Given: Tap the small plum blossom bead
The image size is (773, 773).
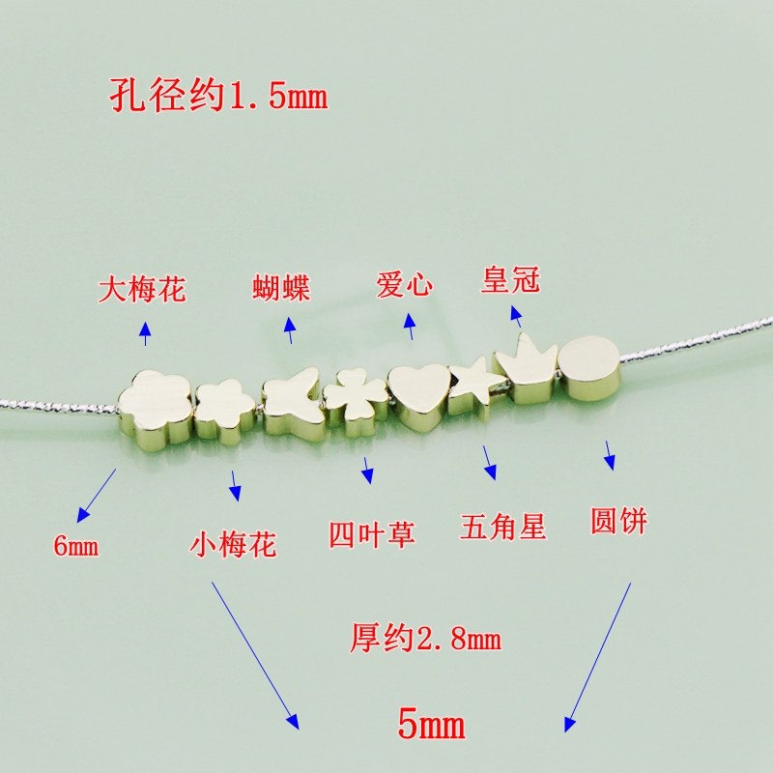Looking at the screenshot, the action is coord(224,412).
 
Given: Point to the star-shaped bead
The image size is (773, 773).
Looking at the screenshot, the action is coord(473,387).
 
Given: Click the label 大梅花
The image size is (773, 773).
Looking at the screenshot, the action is coord(142,290).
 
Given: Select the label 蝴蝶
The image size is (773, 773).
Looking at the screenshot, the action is coord(281,288).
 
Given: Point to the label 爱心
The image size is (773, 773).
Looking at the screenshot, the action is coord(405,286).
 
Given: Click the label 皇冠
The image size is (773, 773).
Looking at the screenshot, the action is coord(510,281).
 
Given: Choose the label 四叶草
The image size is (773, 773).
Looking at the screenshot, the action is coord(372,534).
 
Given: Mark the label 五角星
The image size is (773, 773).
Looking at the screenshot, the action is coord(503,528).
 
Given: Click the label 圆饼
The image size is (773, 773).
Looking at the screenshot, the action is coord(618,522).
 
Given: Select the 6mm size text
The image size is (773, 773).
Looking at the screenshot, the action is coord(76,547).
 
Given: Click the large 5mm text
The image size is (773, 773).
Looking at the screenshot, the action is coord(431,723).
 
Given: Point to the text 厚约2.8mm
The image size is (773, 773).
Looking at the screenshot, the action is coord(425,639).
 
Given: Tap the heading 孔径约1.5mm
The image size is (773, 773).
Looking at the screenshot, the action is coord(215,97).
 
